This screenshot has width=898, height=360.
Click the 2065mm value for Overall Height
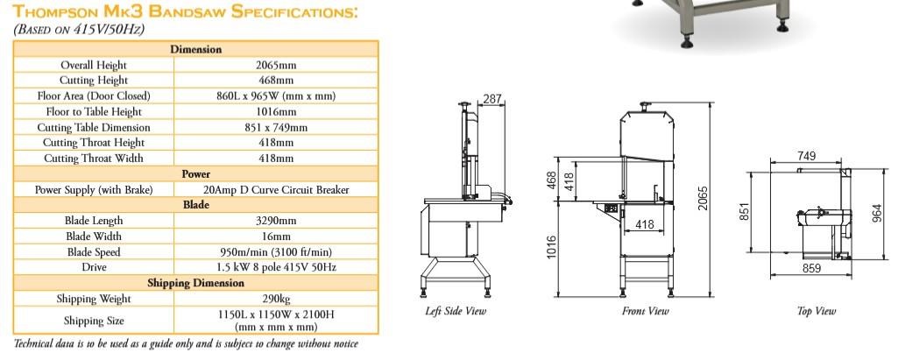tap(275, 65)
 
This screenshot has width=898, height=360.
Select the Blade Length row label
tap(94, 221)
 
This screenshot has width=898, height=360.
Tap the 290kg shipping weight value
tap(276, 299)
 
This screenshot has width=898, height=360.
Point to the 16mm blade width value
tap(276, 236)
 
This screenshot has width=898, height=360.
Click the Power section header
tap(196, 174)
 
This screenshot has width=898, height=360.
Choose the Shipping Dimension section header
tap(196, 283)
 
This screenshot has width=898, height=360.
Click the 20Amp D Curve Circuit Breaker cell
tap(276, 189)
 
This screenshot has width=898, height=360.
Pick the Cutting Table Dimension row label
tap(94, 128)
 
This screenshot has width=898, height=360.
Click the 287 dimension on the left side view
tap(492, 99)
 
